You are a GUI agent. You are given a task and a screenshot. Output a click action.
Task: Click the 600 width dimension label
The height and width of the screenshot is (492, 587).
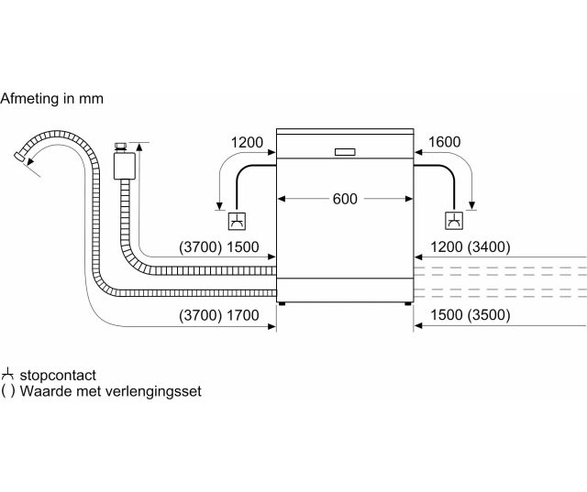tap(345, 199)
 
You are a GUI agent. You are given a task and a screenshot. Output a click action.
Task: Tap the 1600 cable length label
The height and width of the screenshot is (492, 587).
tap(444, 142)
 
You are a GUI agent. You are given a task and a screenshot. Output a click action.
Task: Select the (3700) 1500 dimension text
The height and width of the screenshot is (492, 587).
tap(219, 247)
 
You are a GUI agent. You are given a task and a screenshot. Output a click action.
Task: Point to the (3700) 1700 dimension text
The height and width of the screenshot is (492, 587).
tap(219, 315)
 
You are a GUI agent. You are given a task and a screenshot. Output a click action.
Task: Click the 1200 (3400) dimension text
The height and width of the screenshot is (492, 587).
tap(471, 246)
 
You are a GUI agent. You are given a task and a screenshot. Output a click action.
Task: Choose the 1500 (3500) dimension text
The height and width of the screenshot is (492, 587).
tap(471, 315)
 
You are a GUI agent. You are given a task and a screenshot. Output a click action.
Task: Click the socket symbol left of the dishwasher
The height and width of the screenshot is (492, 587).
tap(237, 221)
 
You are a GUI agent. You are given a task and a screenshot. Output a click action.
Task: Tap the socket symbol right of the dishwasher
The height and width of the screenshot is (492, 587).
tap(454, 221)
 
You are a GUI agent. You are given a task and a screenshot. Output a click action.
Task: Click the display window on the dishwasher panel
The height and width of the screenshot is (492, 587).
tap(345, 152)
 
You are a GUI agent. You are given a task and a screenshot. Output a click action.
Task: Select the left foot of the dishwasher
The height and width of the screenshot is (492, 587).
tap(282, 303)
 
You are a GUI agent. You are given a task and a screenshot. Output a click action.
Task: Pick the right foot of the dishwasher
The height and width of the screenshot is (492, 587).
tap(407, 303)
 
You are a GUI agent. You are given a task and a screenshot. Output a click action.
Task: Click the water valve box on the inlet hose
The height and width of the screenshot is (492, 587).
tap(125, 166)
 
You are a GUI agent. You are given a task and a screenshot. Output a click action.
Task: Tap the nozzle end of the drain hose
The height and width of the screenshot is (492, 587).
tap(18, 157)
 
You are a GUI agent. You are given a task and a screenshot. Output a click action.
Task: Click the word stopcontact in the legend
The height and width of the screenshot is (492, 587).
tap(58, 375)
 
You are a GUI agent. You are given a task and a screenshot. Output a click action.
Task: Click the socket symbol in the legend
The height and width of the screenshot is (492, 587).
tap(7, 374)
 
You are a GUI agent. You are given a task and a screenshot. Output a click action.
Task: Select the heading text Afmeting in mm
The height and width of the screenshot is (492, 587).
tap(51, 99)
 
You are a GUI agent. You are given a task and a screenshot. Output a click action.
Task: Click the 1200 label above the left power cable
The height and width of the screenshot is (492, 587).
tap(247, 142)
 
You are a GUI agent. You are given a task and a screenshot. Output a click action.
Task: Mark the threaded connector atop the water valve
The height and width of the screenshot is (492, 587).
tap(121, 147)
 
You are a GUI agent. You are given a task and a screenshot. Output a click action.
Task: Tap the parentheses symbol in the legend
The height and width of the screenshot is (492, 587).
tap(8, 391)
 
